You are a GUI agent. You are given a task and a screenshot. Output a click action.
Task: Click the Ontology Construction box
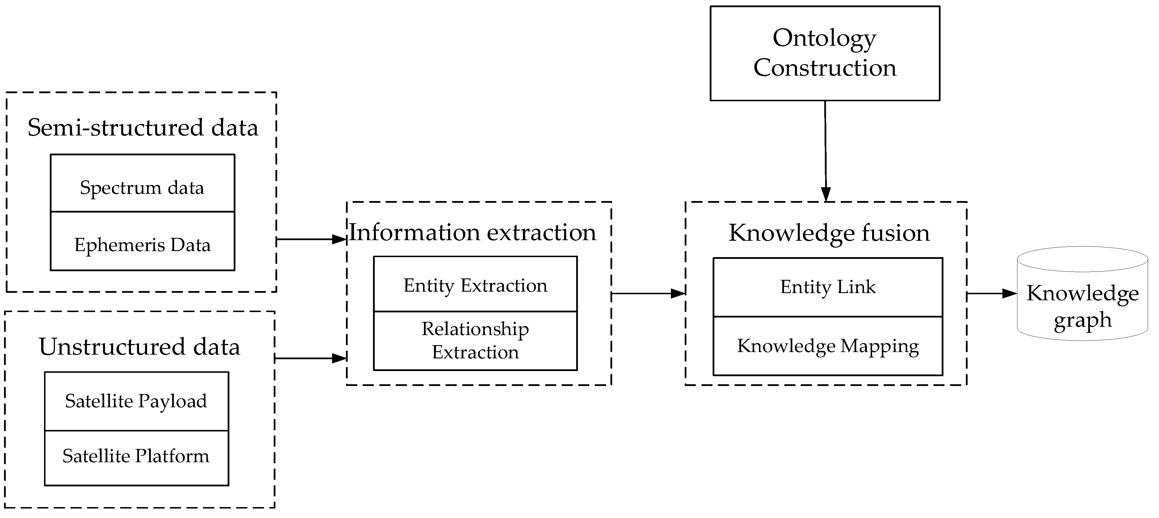tap(824, 53)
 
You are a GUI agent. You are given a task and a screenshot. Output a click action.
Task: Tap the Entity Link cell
tap(827, 287)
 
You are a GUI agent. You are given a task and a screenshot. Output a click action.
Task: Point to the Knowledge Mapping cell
tap(827, 346)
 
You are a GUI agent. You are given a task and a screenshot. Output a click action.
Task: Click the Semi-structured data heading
tap(143, 128)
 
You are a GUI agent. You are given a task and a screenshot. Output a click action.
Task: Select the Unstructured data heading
tap(140, 347)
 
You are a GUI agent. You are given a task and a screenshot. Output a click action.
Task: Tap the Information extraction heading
tap(472, 232)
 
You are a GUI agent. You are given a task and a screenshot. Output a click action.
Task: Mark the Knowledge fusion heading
tap(829, 233)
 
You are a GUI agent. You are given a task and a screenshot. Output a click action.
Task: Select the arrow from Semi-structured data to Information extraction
tap(311, 239)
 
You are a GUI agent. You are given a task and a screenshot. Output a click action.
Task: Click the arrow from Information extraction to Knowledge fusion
tap(648, 294)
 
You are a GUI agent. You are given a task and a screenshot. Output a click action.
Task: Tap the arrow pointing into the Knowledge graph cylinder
tap(991, 294)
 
